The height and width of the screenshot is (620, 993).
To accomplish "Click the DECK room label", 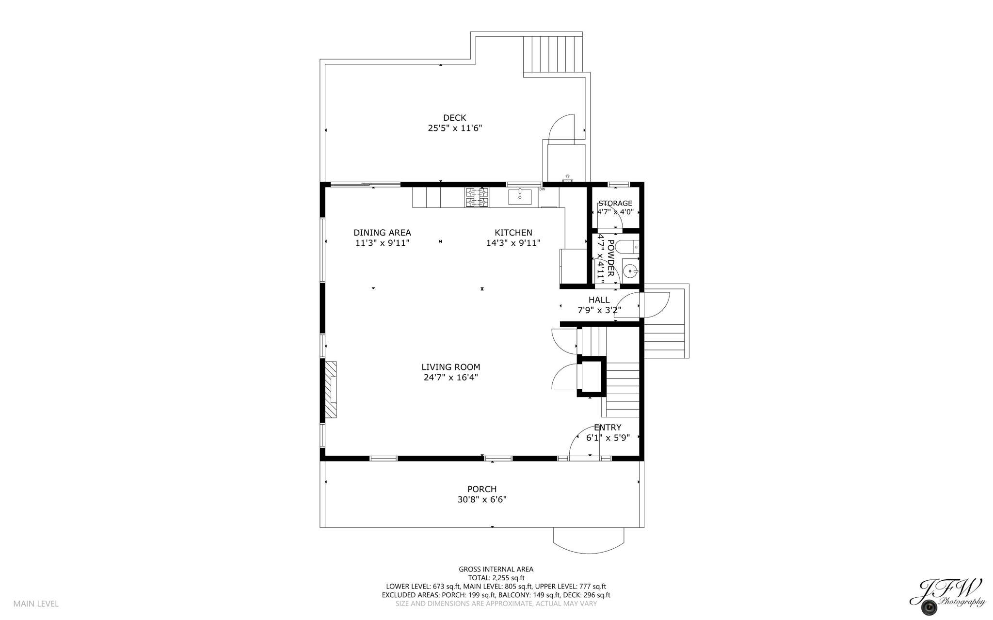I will (x=454, y=118).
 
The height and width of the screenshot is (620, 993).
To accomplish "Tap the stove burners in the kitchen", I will (x=477, y=197).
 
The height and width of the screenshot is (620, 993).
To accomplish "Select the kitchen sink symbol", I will (x=520, y=197).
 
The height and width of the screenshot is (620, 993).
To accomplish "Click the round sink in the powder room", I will (x=630, y=270).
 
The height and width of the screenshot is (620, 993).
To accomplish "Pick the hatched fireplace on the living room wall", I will (x=331, y=389).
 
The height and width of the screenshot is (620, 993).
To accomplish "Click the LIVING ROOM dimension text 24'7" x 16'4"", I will (x=450, y=378).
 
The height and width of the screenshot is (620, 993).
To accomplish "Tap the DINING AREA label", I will (x=382, y=233).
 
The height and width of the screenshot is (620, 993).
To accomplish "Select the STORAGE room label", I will (x=615, y=203).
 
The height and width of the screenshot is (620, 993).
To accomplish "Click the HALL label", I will (x=599, y=300).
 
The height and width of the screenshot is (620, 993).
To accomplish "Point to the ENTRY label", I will (x=608, y=428).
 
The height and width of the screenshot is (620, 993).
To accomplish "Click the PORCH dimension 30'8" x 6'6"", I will (x=481, y=500).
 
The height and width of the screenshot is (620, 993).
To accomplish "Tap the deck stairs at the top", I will (x=552, y=54).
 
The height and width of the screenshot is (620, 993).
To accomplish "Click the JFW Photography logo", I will (x=946, y=597).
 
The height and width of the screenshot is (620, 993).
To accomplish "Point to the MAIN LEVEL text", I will (x=36, y=604).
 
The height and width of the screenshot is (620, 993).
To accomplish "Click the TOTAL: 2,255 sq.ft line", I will (x=496, y=578).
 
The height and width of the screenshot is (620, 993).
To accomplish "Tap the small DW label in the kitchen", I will (x=542, y=190).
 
